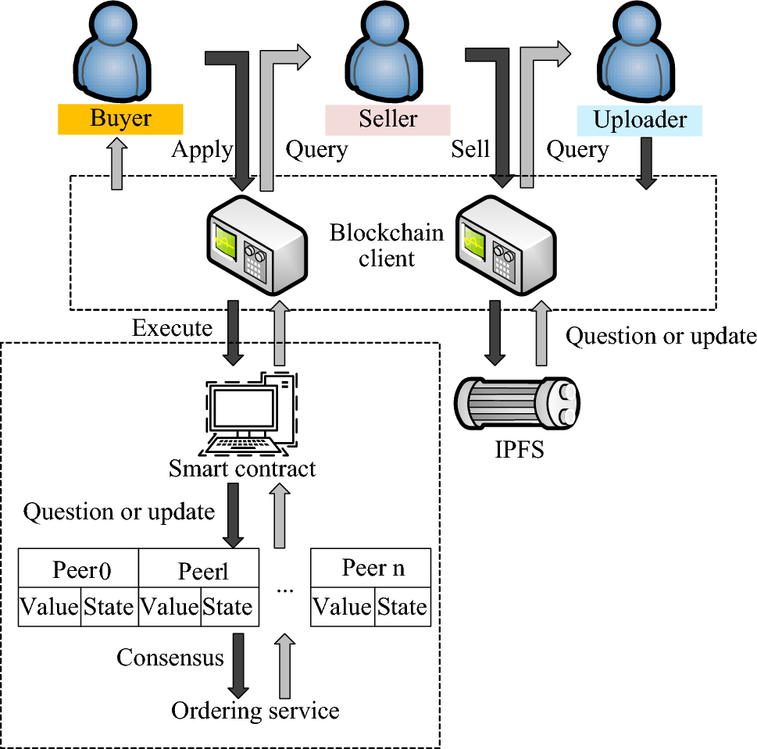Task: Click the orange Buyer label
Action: tap(120, 119)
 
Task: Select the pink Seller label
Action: tap(387, 119)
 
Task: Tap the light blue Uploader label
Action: tap(639, 120)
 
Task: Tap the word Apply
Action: tap(202, 149)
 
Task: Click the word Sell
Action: tap(470, 149)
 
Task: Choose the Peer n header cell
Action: tap(371, 568)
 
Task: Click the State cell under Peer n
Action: tap(402, 607)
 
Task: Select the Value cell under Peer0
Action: tap(49, 607)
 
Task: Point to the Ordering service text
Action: tap(255, 711)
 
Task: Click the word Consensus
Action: tap(170, 658)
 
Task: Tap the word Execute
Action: tap(172, 328)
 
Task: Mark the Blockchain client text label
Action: tap(386, 245)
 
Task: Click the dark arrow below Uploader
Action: tap(645, 162)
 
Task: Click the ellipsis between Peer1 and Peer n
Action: tap(284, 590)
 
